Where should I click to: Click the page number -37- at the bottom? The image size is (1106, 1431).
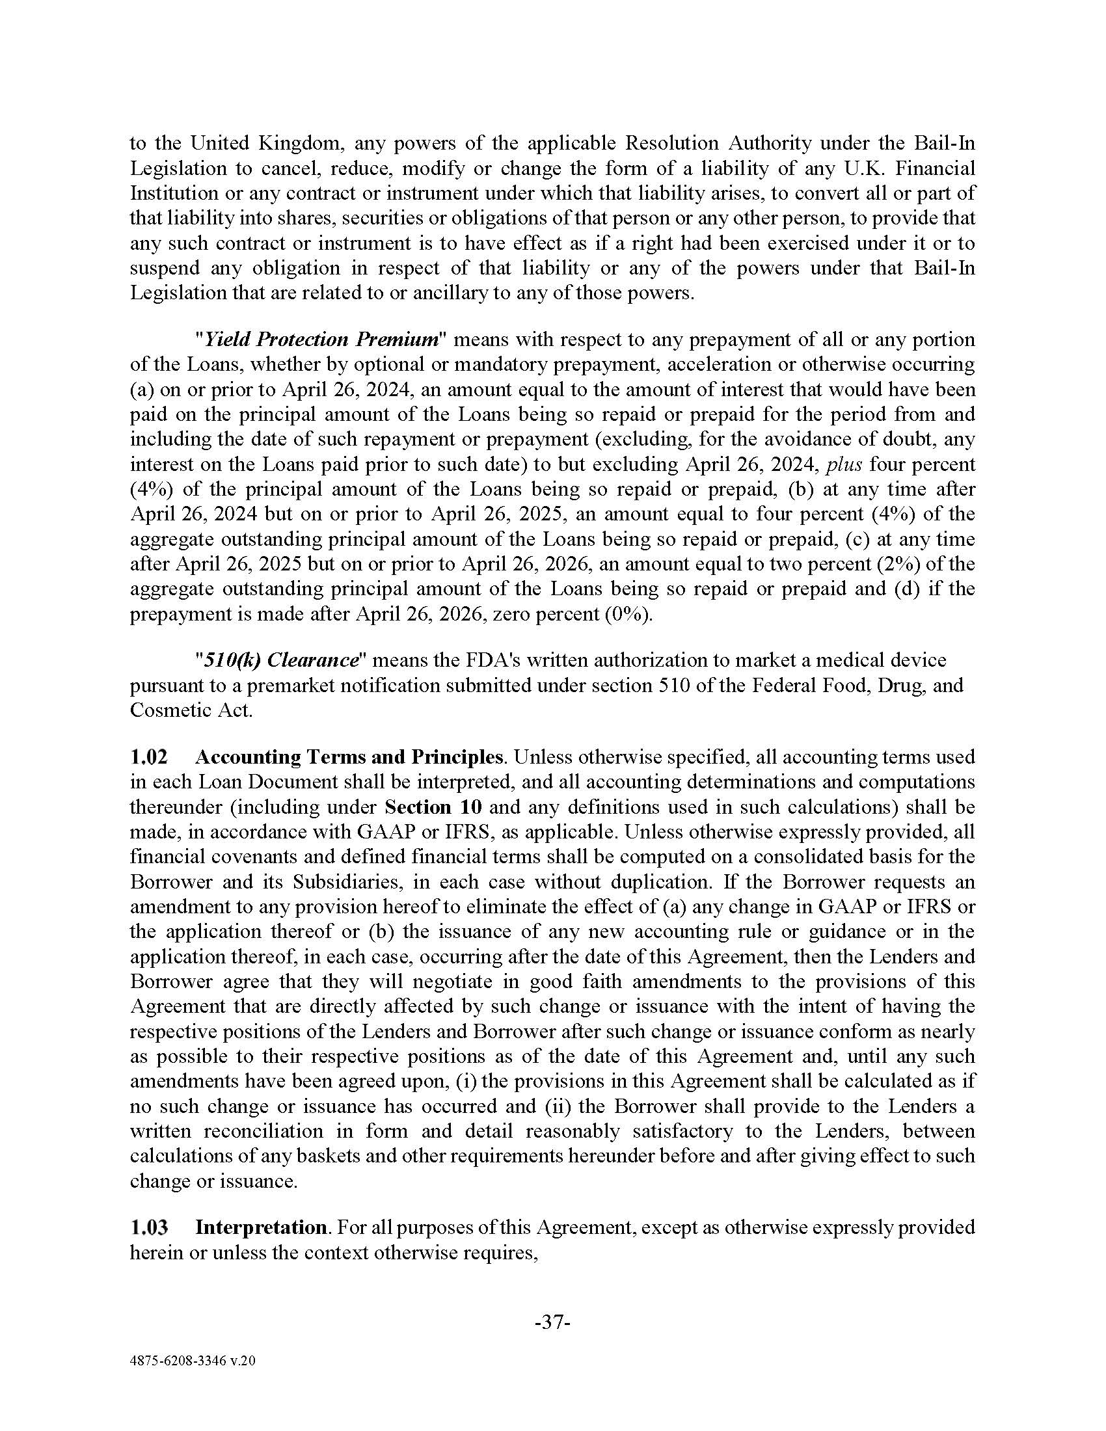click(x=553, y=1323)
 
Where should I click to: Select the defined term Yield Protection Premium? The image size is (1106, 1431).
click(x=321, y=340)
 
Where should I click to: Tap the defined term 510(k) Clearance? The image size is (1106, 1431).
click(x=282, y=660)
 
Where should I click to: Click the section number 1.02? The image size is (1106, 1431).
click(x=149, y=756)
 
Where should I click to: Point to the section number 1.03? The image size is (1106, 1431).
click(x=149, y=1227)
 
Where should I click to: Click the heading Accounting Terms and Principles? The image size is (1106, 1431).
click(x=349, y=756)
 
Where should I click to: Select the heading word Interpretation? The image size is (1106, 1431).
click(x=261, y=1227)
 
